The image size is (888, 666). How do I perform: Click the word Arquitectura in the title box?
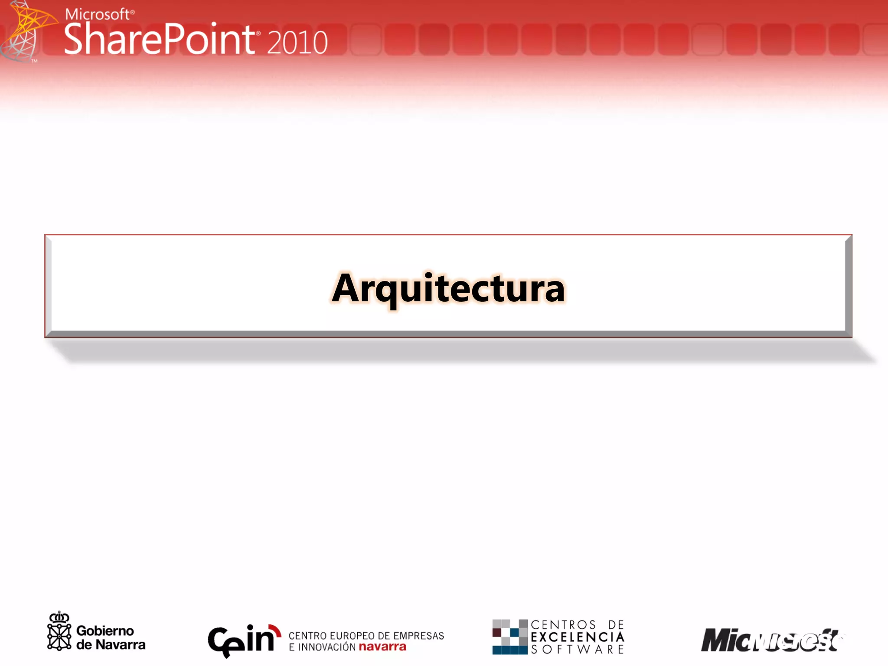click(448, 288)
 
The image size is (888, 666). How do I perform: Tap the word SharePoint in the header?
click(160, 40)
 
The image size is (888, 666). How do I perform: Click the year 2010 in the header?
click(297, 42)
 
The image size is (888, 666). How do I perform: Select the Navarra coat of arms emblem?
click(59, 631)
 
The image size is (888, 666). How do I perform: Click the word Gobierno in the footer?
click(105, 631)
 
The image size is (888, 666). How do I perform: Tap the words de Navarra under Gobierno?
click(111, 645)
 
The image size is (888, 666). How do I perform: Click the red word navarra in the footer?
click(382, 647)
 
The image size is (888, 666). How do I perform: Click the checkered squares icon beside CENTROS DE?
click(509, 637)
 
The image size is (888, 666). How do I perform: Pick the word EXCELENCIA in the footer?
click(578, 637)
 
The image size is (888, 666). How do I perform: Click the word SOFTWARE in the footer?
click(578, 650)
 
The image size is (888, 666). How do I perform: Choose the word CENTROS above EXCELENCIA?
click(563, 625)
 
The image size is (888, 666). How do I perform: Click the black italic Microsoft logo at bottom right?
click(769, 640)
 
